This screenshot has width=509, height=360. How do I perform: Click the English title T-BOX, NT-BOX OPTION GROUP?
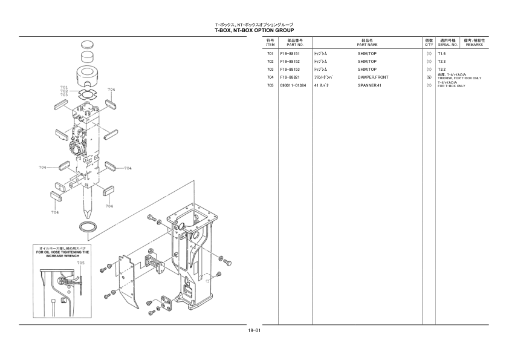[254, 30]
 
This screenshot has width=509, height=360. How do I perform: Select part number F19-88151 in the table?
[290, 54]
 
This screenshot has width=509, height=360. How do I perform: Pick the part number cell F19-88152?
[290, 62]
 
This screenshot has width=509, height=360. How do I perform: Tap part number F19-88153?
[290, 70]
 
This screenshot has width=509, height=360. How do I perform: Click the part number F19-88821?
[290, 77]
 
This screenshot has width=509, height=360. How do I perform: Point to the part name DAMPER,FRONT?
[373, 77]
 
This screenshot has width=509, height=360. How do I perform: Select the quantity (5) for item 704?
[429, 77]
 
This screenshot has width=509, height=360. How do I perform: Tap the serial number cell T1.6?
[441, 54]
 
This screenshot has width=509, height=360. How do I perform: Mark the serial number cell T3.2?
[441, 70]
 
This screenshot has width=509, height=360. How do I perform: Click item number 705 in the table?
[270, 85]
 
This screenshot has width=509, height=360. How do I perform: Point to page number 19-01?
[254, 330]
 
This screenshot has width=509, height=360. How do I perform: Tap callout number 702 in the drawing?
[64, 91]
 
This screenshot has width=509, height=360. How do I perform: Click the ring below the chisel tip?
[88, 226]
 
